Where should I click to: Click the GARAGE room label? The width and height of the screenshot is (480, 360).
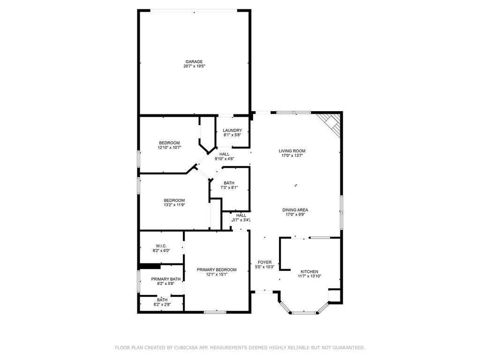click(194, 61)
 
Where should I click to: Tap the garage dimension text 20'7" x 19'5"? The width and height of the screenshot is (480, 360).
click(194, 66)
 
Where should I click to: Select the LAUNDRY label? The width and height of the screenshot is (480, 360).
click(232, 130)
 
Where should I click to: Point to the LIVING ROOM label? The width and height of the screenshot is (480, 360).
click(292, 151)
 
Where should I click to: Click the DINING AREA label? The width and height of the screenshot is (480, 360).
click(295, 210)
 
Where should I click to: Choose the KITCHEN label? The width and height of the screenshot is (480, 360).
click(309, 271)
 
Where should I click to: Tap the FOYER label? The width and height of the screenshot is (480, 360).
click(264, 262)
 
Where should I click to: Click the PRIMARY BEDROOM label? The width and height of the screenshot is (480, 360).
click(217, 270)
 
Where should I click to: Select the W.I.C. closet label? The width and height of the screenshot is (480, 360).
click(161, 246)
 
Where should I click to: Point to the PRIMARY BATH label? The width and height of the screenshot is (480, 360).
click(165, 279)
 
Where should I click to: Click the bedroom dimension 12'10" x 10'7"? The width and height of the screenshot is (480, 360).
click(169, 148)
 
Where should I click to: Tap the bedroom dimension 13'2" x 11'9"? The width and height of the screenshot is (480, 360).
click(174, 205)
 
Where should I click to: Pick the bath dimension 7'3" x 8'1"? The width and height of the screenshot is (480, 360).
click(229, 187)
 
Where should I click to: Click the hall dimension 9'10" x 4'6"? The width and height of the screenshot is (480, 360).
click(225, 159)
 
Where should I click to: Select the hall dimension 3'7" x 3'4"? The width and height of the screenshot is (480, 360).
click(241, 220)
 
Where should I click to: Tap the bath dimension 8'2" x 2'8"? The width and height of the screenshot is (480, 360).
click(162, 305)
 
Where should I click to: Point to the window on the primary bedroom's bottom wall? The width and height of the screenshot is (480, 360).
click(215, 312)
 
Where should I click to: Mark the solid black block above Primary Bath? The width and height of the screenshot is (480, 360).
click(150, 267)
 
